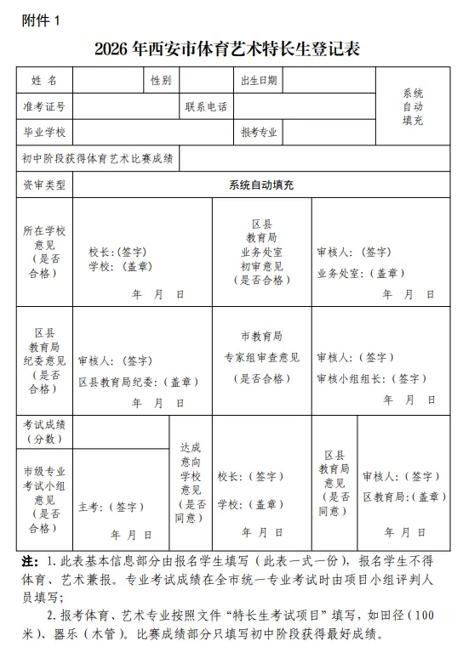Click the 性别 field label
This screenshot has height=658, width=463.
tap(161, 81)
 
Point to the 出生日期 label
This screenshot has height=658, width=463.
tap(258, 81)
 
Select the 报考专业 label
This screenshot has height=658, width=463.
tap(258, 133)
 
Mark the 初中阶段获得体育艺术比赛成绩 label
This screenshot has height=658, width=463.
tap(98, 158)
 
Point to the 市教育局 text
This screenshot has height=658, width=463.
tap(261, 337)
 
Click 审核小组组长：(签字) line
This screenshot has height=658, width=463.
tap(372, 378)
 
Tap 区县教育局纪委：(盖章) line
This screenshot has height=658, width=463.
tap(139, 383)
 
